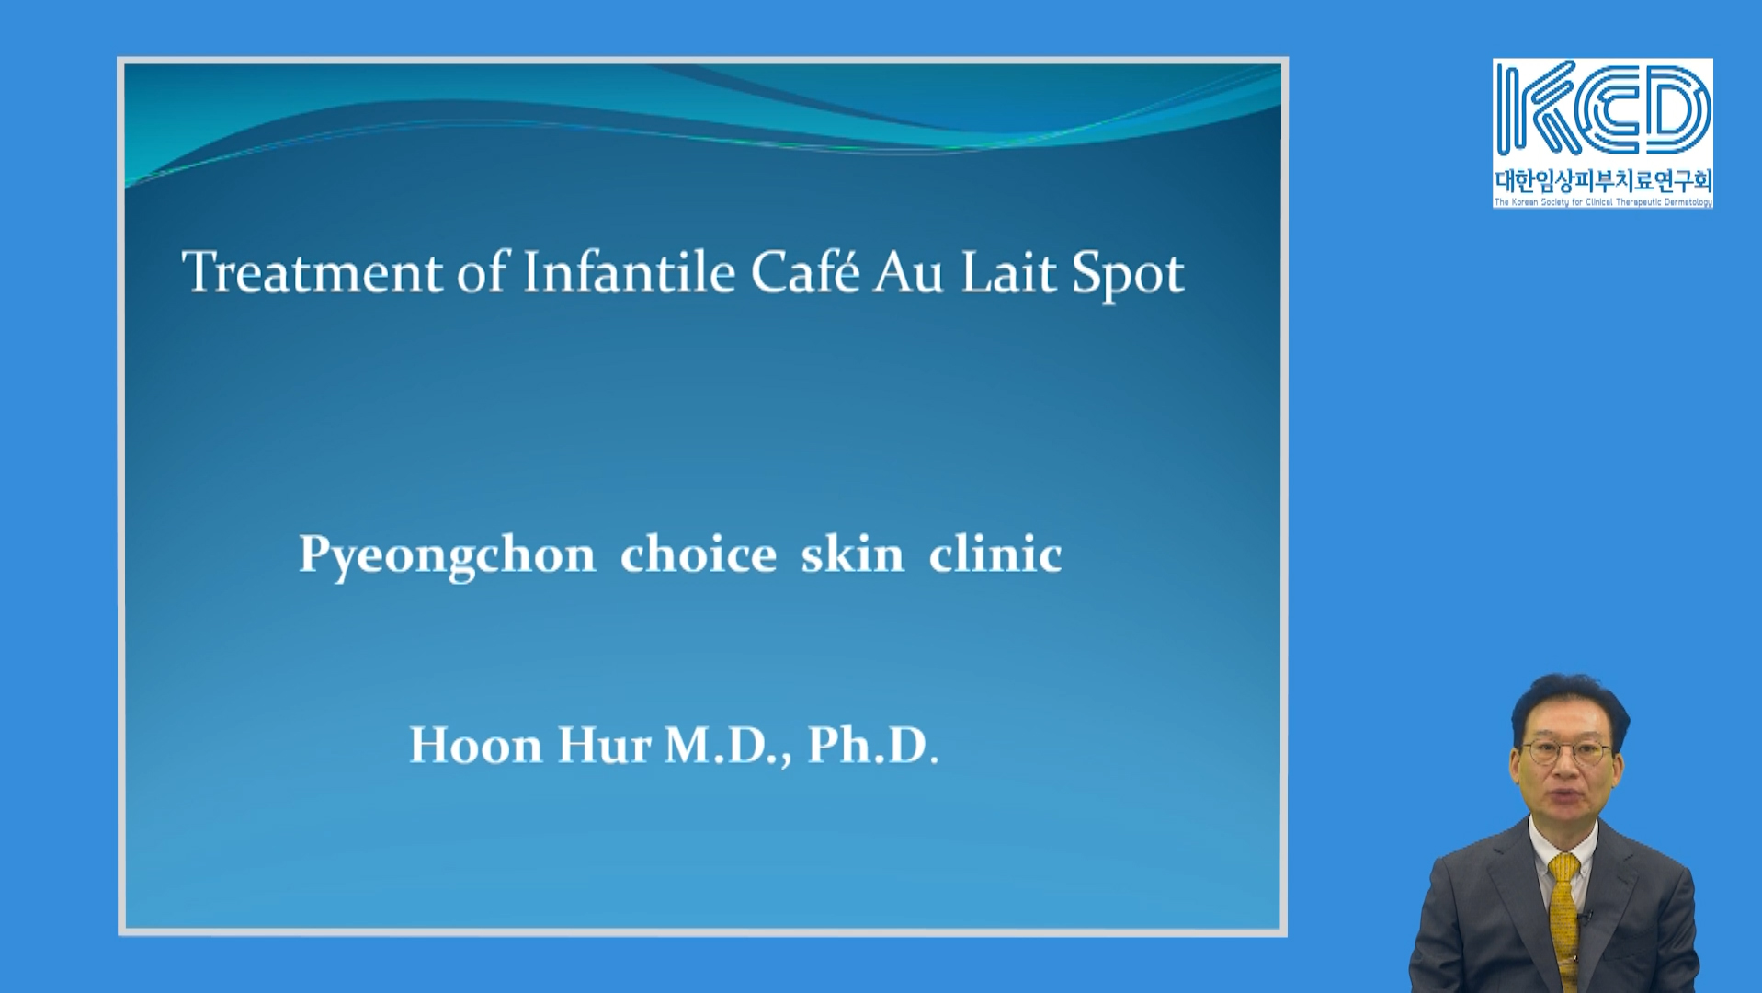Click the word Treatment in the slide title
(x=312, y=273)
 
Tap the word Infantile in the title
(x=629, y=272)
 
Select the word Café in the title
(x=805, y=272)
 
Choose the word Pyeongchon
(x=448, y=556)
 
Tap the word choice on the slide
(x=699, y=554)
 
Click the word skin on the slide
(x=852, y=554)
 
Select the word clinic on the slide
(x=995, y=554)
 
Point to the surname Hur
(x=604, y=746)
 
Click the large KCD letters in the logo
(x=1602, y=109)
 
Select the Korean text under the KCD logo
(x=1603, y=180)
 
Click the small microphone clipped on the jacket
(x=1584, y=918)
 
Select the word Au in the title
(x=909, y=273)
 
